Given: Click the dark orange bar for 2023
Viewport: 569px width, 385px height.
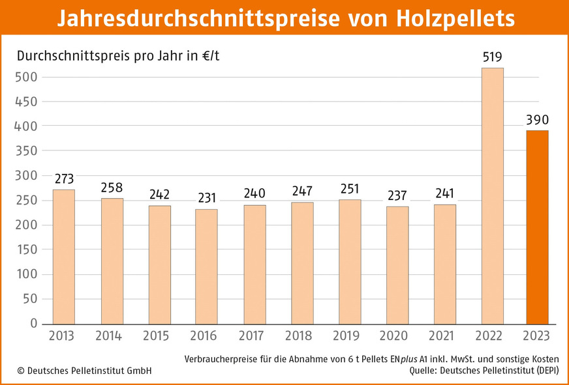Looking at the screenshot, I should pyautogui.click(x=537, y=227).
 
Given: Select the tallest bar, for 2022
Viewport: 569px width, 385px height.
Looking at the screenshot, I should pyautogui.click(x=493, y=196).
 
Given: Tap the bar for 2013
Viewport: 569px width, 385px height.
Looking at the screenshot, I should pyautogui.click(x=64, y=257).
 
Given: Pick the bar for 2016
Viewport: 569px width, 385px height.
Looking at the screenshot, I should pyautogui.click(x=207, y=266).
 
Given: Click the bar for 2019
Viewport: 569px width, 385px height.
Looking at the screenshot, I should pyautogui.click(x=350, y=262).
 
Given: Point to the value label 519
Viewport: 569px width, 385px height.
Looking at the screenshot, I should pyautogui.click(x=493, y=57).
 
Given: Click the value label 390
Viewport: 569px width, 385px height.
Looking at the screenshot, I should pyautogui.click(x=537, y=121).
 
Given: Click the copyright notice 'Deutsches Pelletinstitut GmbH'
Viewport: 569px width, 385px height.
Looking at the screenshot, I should pyautogui.click(x=84, y=371).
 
